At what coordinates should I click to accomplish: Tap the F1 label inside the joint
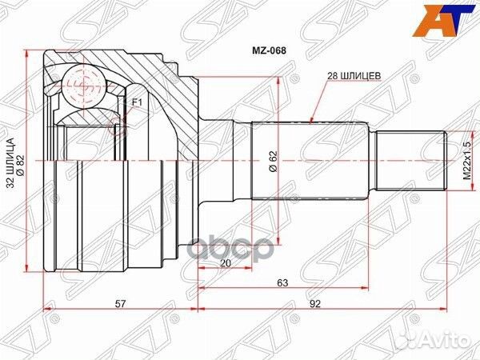135,102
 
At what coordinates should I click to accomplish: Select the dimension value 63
282,282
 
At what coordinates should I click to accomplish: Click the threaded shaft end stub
413,161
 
